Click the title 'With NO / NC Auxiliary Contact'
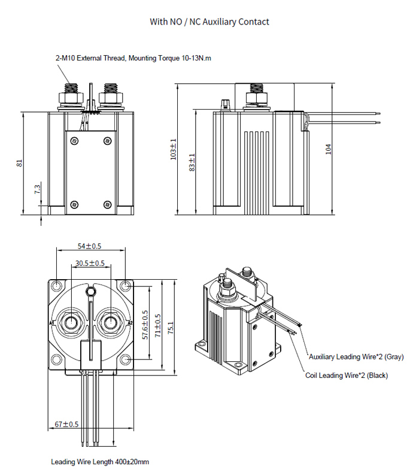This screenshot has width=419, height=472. click(x=209, y=22)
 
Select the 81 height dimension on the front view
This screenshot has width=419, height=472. click(x=19, y=163)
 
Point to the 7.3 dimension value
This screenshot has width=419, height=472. click(x=37, y=189)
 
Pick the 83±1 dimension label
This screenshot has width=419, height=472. click(x=192, y=163)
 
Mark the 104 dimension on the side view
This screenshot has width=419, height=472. click(x=328, y=149)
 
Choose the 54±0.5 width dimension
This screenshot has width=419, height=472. click(x=90, y=246)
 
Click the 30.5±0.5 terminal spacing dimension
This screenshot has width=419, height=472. click(x=90, y=263)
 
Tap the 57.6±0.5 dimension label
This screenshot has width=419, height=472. click(x=144, y=325)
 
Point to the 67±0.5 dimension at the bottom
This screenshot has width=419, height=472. click(x=66, y=424)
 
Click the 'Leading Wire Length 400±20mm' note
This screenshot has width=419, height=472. click(x=100, y=462)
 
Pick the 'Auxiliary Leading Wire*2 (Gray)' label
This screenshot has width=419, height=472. click(x=356, y=357)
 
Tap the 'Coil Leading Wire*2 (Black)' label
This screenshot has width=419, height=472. click(x=346, y=376)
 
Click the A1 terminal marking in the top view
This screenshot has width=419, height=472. click(x=52, y=323)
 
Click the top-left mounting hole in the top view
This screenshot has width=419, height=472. click(x=56, y=285)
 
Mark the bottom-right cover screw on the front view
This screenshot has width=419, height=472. click(x=107, y=204)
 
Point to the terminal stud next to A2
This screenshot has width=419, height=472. click(x=110, y=323)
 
